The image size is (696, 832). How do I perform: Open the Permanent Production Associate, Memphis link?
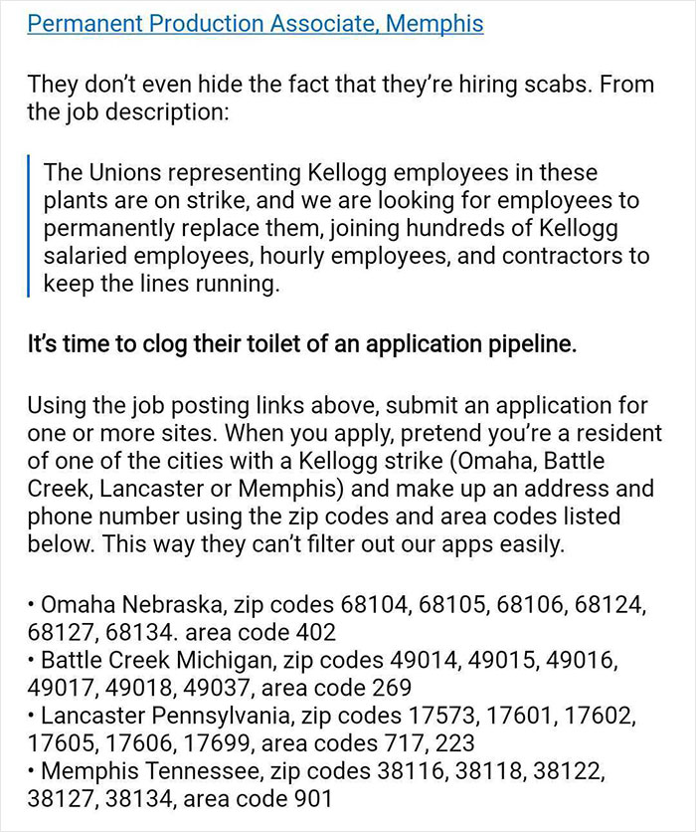(x=256, y=23)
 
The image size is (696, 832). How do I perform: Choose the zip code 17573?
(x=441, y=716)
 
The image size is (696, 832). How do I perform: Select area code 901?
(x=305, y=799)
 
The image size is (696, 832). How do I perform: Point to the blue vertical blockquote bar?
(x=31, y=226)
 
